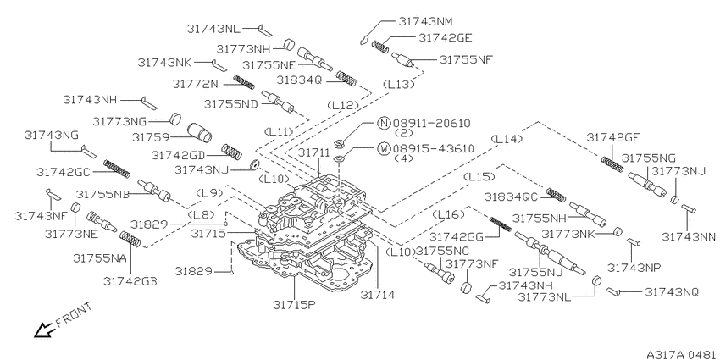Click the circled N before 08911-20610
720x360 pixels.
point(383,123)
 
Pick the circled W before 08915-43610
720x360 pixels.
point(383,149)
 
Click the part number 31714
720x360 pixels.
point(379,295)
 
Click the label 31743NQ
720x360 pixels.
point(673,291)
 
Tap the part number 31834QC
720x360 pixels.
point(512,196)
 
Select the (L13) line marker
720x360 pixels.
point(399,85)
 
